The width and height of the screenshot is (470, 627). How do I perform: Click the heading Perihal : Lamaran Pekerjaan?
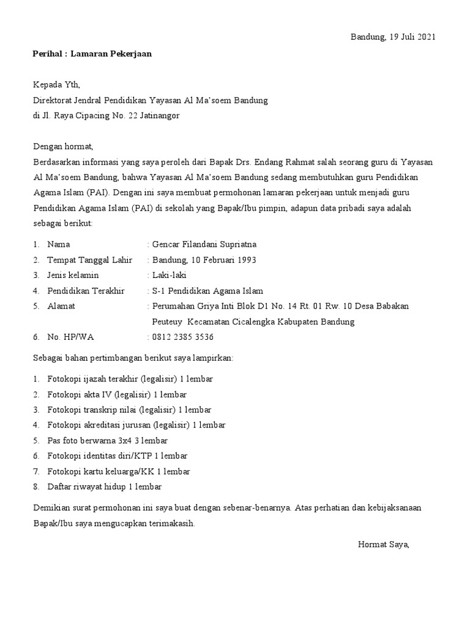[x=92, y=54]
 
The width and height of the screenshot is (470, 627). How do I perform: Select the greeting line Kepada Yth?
[x=56, y=84]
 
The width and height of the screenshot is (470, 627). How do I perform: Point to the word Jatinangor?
[x=158, y=115]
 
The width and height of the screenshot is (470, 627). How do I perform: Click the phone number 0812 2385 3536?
[x=183, y=337]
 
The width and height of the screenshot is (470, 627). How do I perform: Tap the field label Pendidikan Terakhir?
[x=86, y=291]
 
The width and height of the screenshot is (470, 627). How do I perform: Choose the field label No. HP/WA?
[x=70, y=337]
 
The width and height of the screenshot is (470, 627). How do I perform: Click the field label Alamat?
[x=61, y=306]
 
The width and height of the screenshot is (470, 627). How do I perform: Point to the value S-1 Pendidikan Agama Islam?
[x=207, y=291]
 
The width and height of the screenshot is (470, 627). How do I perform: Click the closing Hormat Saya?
[x=383, y=544]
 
